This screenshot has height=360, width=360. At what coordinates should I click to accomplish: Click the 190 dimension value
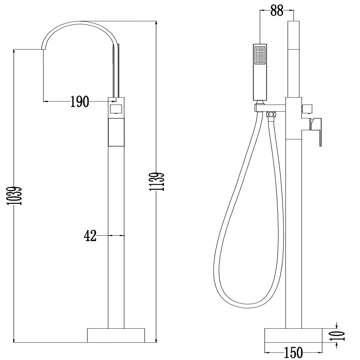[79, 102]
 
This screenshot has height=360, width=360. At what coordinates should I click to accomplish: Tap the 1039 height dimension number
[15, 195]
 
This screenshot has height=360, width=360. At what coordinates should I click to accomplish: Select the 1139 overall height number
[157, 181]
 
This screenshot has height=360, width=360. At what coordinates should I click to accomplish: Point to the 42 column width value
[90, 235]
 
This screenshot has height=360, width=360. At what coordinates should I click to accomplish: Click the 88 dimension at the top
[276, 10]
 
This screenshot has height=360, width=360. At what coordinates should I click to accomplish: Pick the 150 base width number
[293, 352]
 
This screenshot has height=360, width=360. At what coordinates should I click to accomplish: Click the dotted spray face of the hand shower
[260, 55]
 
